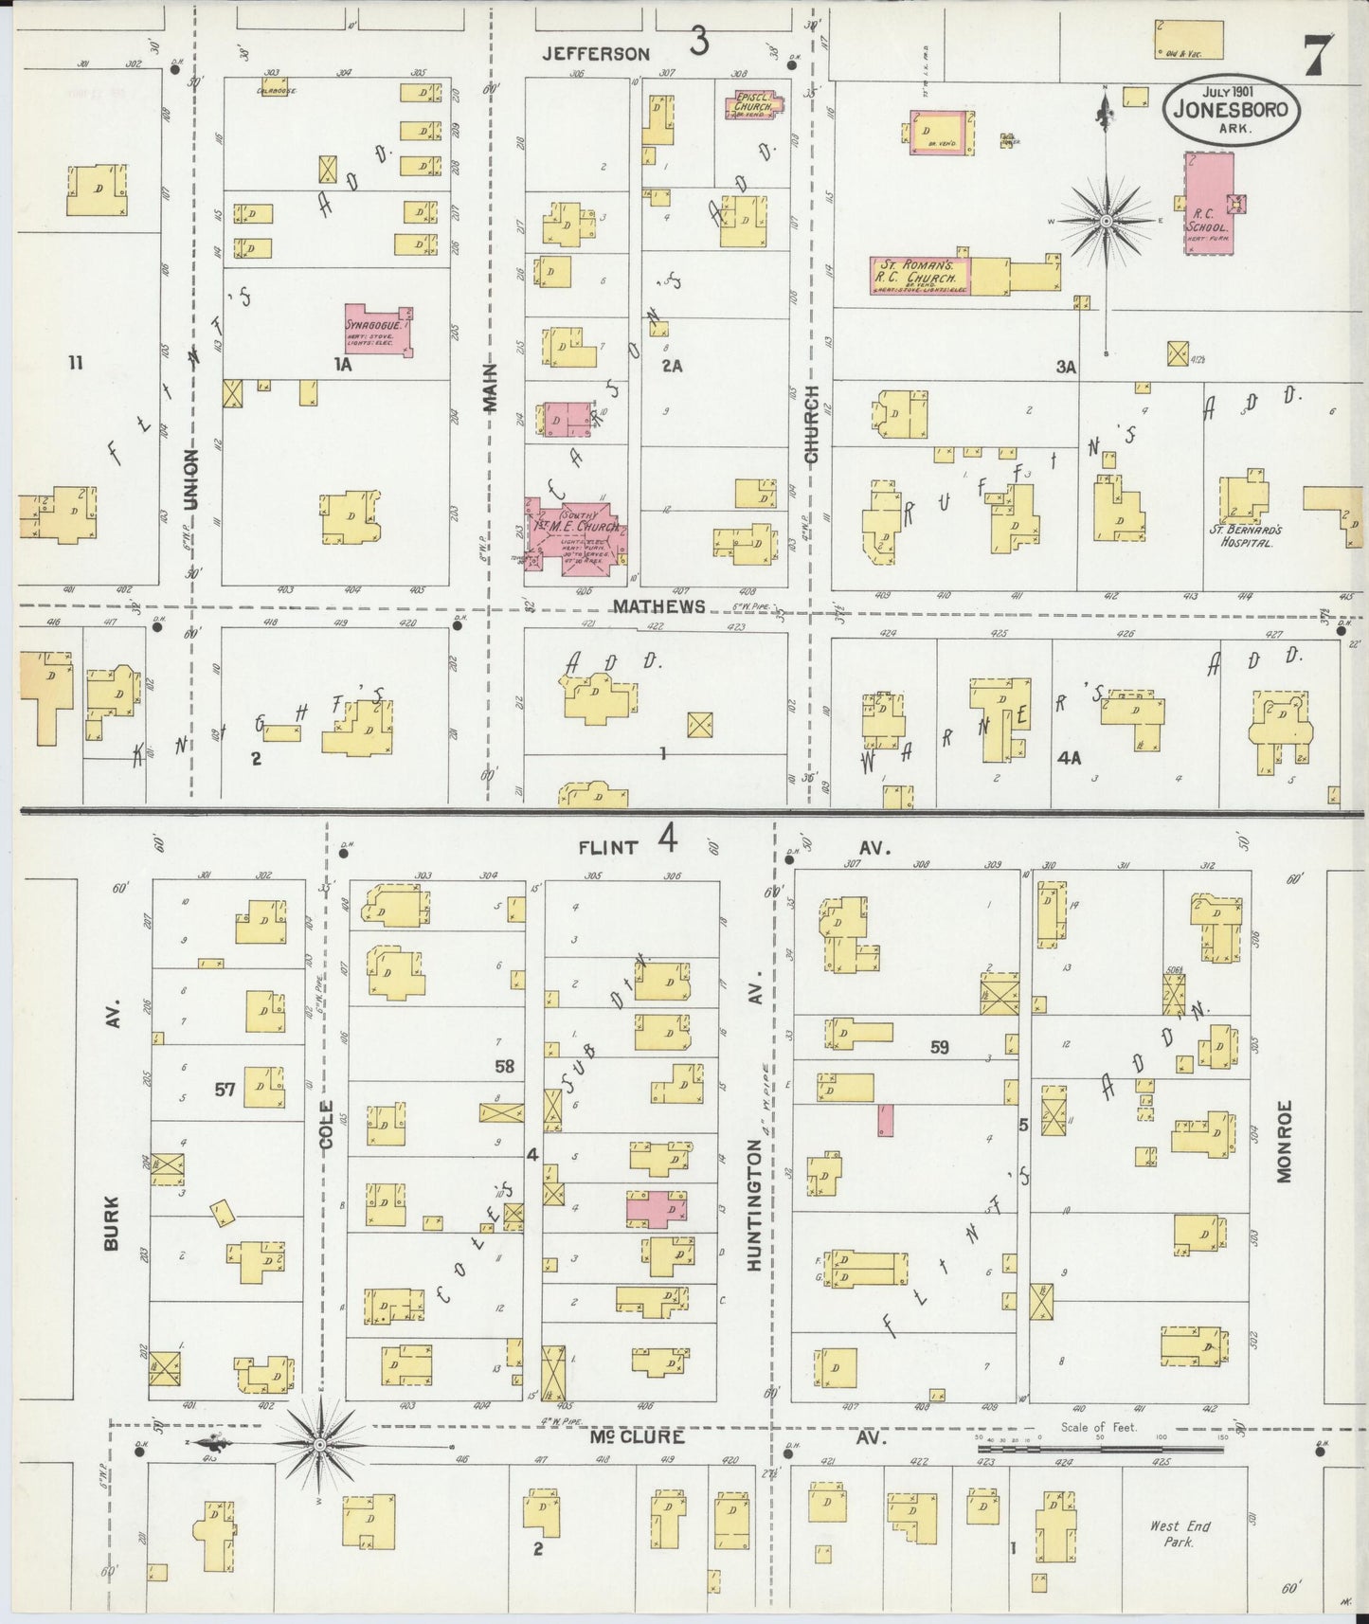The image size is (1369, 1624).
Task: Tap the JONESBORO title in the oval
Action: pos(1232,109)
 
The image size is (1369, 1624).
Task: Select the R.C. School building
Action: pos(1208,203)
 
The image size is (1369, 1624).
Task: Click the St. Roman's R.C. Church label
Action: pos(914,275)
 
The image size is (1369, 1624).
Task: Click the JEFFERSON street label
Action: pos(596,54)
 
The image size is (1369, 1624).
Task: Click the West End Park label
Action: pos(1180,1533)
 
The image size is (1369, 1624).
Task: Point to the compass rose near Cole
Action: pos(320,1444)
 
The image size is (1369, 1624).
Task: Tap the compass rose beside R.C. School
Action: pos(1106,220)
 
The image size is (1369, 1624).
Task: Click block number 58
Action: pos(504,1066)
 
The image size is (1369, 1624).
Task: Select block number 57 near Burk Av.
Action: pos(224,1090)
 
